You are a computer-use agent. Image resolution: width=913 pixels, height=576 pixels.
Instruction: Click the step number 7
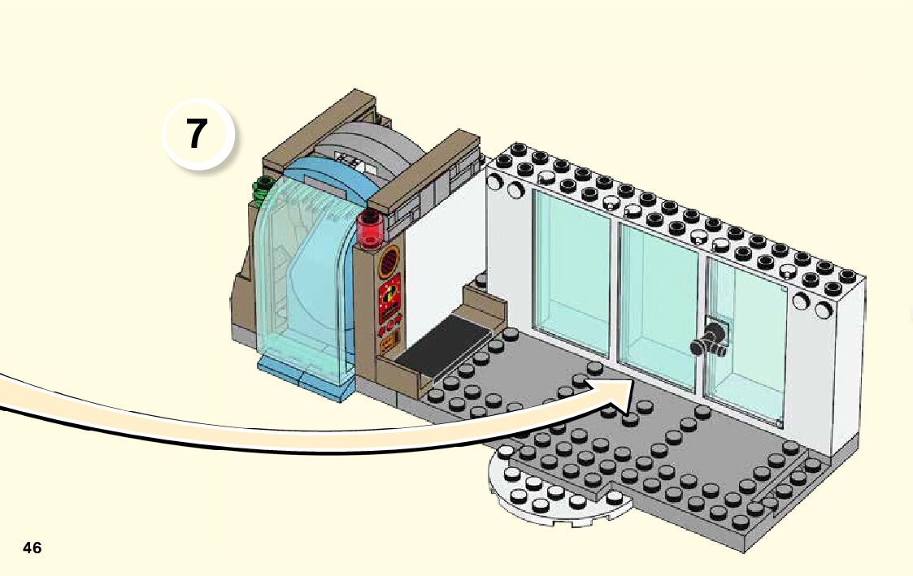tap(196, 134)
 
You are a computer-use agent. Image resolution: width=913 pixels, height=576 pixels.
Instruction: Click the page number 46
tap(33, 548)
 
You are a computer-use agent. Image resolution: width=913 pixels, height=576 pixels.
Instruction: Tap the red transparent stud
tap(370, 227)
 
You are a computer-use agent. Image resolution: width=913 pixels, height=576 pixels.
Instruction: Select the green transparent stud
tap(262, 192)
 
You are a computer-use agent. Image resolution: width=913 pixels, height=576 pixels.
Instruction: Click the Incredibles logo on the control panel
tap(389, 296)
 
